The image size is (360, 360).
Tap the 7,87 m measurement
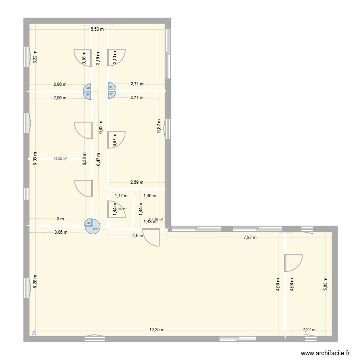(250, 238)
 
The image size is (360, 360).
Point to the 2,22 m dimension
(310, 330)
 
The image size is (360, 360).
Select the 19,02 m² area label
(60, 158)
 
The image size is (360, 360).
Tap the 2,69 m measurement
(137, 182)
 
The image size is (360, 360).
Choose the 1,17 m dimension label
(121, 195)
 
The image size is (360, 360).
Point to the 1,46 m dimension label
(150, 195)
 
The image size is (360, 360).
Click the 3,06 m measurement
(60, 232)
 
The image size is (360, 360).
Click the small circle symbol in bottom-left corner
(34, 332)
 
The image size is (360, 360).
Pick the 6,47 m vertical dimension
(98, 158)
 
